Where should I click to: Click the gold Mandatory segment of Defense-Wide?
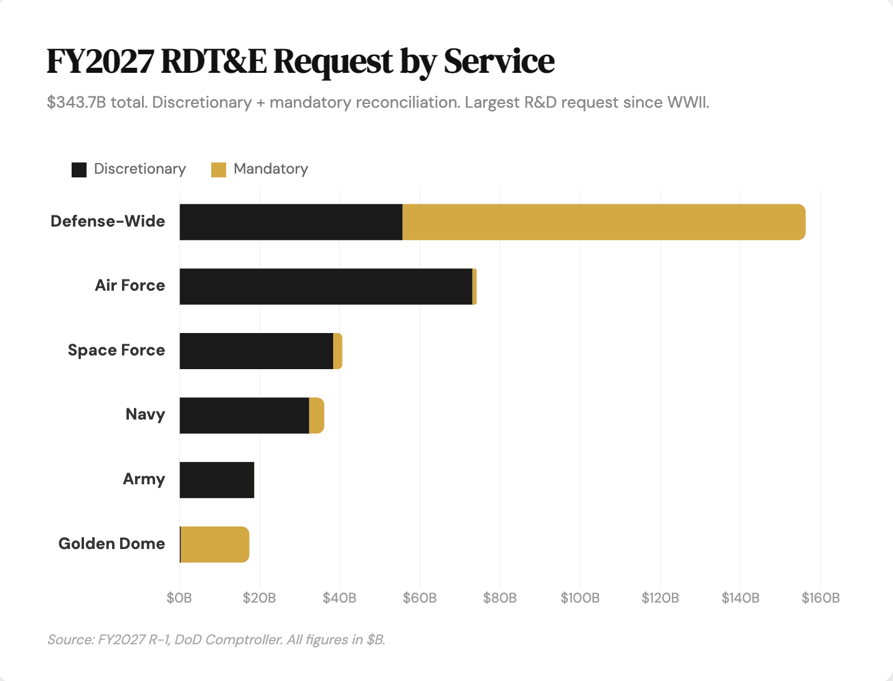pyautogui.click(x=604, y=222)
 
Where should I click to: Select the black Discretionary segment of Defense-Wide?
pyautogui.click(x=291, y=222)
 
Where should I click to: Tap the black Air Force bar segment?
pyautogui.click(x=326, y=286)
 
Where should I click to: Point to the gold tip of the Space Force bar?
pyautogui.click(x=338, y=351)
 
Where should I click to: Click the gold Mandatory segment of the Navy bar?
pyautogui.click(x=316, y=415)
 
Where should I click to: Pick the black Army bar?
pyautogui.click(x=217, y=480)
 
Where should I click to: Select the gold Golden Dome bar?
pyautogui.click(x=215, y=545)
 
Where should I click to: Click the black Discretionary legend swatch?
pyautogui.click(x=79, y=169)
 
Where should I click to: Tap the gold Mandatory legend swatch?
pyautogui.click(x=219, y=169)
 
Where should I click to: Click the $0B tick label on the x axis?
pyautogui.click(x=179, y=598)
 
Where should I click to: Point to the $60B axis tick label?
pyautogui.click(x=420, y=598)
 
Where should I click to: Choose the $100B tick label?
pyautogui.click(x=580, y=598)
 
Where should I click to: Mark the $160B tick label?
pyautogui.click(x=821, y=598)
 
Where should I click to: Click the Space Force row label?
pyautogui.click(x=116, y=350)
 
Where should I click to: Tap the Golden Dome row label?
pyautogui.click(x=112, y=543)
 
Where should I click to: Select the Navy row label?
pyautogui.click(x=145, y=415)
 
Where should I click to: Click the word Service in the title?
pyautogui.click(x=499, y=61)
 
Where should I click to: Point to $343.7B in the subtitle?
pyautogui.click(x=77, y=102)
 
